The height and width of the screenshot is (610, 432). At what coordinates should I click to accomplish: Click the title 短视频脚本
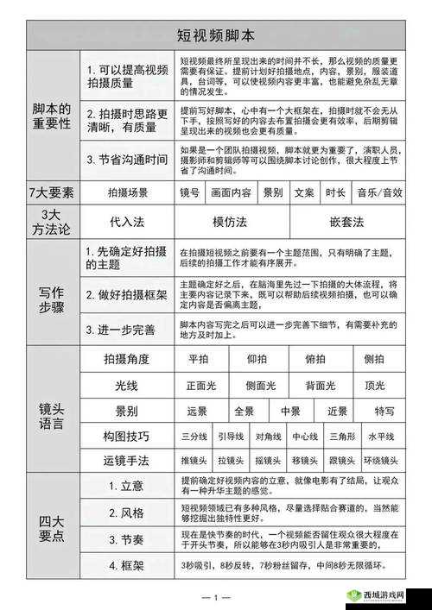point(216,35)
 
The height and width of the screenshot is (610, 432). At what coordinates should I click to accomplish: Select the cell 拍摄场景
point(127,192)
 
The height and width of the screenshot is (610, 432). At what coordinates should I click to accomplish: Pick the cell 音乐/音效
point(380,192)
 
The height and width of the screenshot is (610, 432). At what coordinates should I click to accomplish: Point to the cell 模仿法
point(231,222)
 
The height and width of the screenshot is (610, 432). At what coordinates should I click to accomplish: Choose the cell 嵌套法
point(346,222)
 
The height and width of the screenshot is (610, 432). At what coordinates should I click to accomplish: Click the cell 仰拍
point(257,359)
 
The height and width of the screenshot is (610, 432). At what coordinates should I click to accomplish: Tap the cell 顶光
point(374,385)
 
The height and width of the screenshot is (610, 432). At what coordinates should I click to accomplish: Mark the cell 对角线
point(269,437)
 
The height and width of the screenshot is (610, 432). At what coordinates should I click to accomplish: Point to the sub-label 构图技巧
point(126,437)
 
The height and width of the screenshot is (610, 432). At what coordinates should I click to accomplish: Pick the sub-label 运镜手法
point(126,462)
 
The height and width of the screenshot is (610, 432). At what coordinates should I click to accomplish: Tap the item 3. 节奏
point(127,539)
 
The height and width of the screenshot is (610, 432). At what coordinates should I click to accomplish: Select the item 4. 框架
point(127,565)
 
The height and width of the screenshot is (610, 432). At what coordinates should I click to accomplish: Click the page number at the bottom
point(215,597)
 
